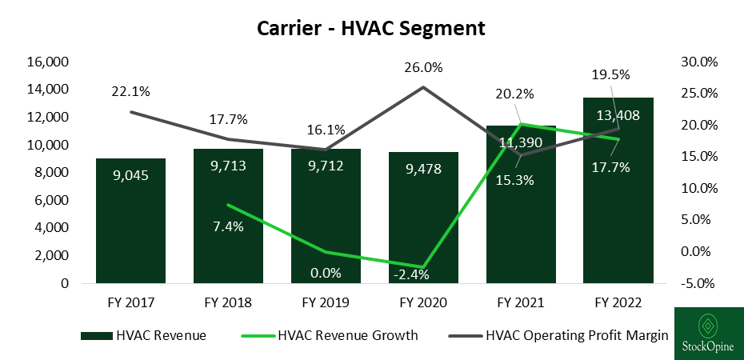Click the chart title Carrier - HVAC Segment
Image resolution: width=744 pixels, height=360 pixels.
point(371,29)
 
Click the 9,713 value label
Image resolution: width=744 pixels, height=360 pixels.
point(228,167)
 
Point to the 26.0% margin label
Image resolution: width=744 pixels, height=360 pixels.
point(424,68)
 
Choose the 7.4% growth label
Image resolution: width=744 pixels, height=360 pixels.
point(227,226)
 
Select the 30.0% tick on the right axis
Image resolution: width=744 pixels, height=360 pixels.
point(698,62)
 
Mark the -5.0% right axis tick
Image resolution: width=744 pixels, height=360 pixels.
point(698,283)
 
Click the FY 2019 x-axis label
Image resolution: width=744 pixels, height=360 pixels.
point(326,304)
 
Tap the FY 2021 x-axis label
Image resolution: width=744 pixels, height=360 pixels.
point(520,304)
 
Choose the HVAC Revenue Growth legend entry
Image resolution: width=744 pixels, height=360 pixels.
point(347,336)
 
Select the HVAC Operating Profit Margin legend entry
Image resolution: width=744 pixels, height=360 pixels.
point(577,336)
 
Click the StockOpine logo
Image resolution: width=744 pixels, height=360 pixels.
point(708,334)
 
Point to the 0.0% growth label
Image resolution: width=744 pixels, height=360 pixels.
point(326,273)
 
